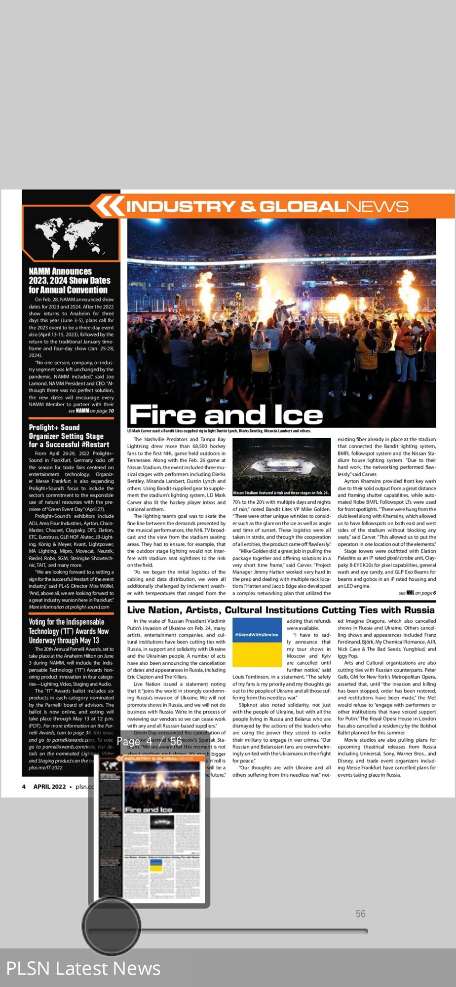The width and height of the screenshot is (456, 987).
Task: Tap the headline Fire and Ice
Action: pyautogui.click(x=226, y=415)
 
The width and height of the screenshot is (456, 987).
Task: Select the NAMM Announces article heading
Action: pyautogui.click(x=69, y=281)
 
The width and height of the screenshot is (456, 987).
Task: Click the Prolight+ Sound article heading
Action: pyautogui.click(x=66, y=436)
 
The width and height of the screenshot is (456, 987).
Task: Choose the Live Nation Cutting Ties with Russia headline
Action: pyautogui.click(x=281, y=610)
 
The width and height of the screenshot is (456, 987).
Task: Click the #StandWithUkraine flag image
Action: pyautogui.click(x=257, y=643)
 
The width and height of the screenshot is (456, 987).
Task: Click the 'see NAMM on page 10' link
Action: pyautogui.click(x=91, y=411)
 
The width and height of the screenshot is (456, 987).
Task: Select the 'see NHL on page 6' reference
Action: pyautogui.click(x=417, y=593)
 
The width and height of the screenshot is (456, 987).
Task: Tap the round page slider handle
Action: pyautogui.click(x=112, y=926)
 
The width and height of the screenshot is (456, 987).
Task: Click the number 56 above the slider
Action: pyautogui.click(x=361, y=914)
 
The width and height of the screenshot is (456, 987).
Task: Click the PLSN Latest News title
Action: pyautogui.click(x=83, y=968)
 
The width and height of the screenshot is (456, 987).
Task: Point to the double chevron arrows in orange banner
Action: pyautogui.click(x=109, y=206)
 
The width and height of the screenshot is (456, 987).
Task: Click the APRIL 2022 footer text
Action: pyautogui.click(x=49, y=787)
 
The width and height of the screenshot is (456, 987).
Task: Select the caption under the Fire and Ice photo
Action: pyautogui.click(x=219, y=431)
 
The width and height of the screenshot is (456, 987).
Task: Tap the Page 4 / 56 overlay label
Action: pyautogui.click(x=150, y=742)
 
